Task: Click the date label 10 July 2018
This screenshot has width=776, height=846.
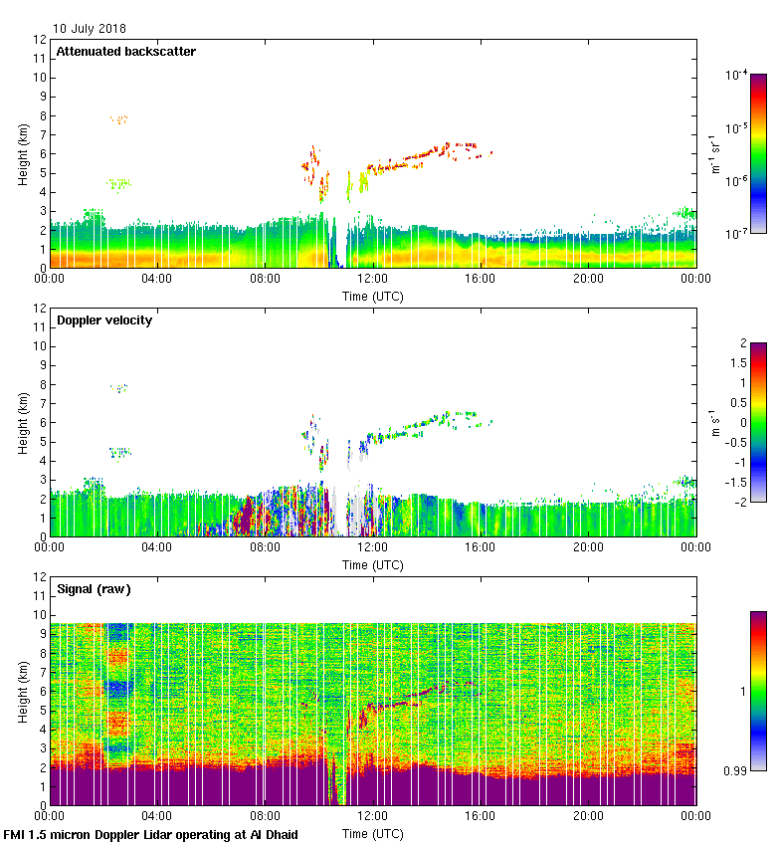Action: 90,29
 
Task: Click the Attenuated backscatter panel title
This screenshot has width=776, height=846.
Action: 125,52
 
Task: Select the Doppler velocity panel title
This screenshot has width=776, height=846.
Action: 104,320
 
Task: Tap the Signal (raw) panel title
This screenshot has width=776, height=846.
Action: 94,589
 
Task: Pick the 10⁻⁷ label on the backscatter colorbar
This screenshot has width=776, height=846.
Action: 736,233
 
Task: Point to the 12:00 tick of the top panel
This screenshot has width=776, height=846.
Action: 372,280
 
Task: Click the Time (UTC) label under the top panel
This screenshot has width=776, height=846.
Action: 372,296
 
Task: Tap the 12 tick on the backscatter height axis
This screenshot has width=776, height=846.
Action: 40,40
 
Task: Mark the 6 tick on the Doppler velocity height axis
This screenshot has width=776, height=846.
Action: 42,423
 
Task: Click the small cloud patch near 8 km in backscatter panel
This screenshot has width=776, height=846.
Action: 118,119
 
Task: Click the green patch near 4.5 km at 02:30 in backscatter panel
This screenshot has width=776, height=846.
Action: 118,183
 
